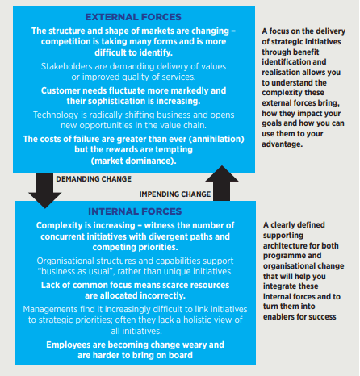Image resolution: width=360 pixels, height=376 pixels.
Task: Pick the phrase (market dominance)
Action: (x=132, y=161)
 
